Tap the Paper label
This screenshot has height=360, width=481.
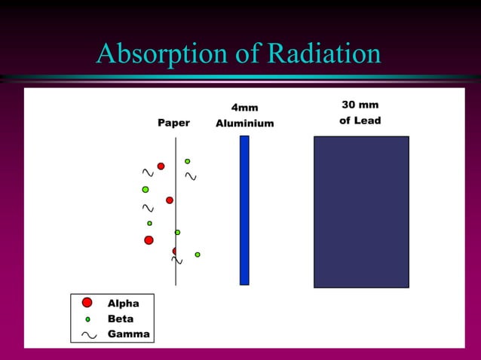pos(173,123)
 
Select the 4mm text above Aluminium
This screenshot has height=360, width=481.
pos(244,108)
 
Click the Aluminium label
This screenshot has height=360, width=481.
pos(244,124)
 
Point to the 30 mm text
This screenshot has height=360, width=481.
pos(360,105)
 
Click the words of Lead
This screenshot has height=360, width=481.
pos(360,121)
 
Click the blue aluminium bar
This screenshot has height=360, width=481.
pos(244,210)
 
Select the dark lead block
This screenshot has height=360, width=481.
pos(361,212)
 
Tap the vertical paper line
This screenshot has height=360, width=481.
pos(176,218)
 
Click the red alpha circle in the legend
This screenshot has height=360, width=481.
pos(87,303)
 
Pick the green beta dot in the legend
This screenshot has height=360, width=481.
pos(87,319)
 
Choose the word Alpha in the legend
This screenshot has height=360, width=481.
pos(123,304)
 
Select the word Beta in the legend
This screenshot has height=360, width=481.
pos(121,319)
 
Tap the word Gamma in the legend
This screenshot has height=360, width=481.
pos(128,334)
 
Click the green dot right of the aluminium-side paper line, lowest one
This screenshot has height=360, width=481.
pos(198,255)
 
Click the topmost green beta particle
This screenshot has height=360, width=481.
pos(188,161)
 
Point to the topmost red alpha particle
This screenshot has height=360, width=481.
pos(161,166)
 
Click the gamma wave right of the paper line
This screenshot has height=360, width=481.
pos(191,177)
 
